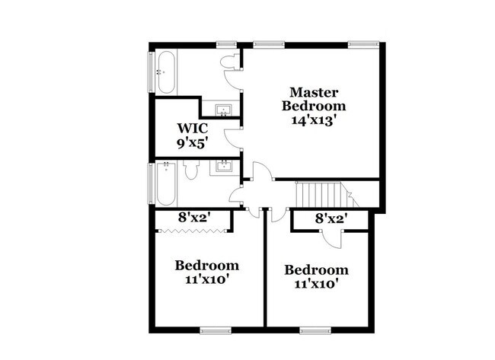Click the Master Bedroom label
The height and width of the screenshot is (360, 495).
click(x=314, y=99)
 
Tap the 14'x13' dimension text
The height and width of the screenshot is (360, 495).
click(x=312, y=120)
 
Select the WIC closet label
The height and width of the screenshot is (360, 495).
click(x=193, y=129)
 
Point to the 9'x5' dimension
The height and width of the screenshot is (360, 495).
click(x=193, y=144)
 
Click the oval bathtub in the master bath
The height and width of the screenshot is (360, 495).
click(x=166, y=72)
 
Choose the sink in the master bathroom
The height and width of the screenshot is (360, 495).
click(x=223, y=110)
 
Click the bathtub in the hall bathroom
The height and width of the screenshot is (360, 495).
click(x=165, y=183)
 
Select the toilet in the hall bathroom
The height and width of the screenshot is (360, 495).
click(x=191, y=170)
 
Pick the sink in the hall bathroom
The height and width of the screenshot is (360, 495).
click(x=224, y=166)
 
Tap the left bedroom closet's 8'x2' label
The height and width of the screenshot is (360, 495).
click(x=194, y=217)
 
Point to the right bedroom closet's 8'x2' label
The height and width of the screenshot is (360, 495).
click(x=331, y=218)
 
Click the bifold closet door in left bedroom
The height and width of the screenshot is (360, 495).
click(x=193, y=231)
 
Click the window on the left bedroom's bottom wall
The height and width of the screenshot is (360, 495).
click(x=216, y=330)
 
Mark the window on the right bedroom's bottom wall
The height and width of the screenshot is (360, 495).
click(x=315, y=330)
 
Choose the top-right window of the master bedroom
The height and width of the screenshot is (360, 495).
click(x=363, y=45)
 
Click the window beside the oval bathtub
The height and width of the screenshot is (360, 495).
click(x=152, y=72)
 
